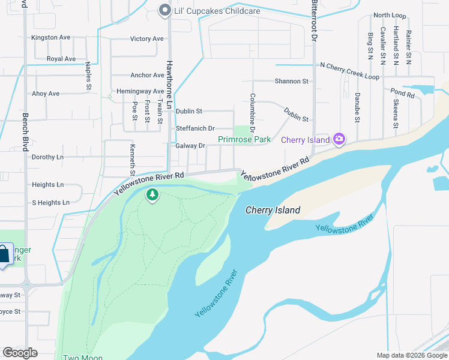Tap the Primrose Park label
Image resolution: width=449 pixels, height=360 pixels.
point(244,139)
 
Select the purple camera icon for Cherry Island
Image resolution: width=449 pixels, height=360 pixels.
point(339,139)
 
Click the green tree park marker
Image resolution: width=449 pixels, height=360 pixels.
point(152,195)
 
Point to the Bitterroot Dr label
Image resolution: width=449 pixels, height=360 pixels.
point(313,21)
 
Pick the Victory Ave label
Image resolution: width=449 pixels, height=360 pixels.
point(147,39)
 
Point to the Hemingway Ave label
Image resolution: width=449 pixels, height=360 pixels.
point(141,91)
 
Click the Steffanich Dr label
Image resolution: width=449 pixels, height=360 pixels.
point(195,128)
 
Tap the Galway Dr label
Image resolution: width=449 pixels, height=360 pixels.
point(190,146)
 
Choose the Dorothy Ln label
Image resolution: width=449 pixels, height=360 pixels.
point(47,157)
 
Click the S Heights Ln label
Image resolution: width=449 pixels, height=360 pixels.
point(50,203)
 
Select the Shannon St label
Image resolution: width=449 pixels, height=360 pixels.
point(291,81)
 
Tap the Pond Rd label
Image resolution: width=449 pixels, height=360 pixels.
point(402,94)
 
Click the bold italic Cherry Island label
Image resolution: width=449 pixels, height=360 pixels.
point(273,211)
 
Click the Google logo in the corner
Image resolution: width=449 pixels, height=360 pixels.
point(20,353)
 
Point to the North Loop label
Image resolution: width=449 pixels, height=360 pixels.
point(390,15)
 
